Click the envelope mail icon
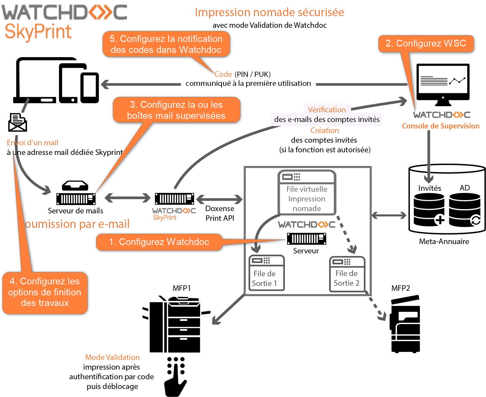tap(17, 122)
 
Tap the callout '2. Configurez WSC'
tap(426, 44)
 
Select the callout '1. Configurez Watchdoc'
tap(159, 242)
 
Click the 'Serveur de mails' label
tap(75, 211)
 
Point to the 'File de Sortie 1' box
tap(267, 273)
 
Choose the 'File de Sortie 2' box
tap(347, 274)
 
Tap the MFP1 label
tap(181, 288)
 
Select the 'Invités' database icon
tap(429, 209)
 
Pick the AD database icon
tap(464, 209)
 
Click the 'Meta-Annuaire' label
tap(444, 241)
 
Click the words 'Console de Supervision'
tap(441, 126)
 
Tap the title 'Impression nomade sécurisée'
tap(269, 12)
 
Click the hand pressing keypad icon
tap(175, 376)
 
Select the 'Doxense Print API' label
tap(220, 213)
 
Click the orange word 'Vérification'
tap(326, 110)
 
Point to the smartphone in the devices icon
tap(89, 87)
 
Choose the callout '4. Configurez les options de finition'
tap(45, 292)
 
